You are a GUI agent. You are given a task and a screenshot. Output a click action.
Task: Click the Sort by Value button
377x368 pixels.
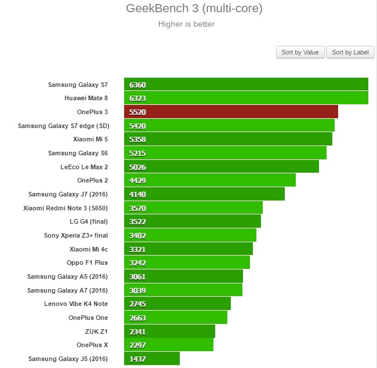pyautogui.click(x=300, y=52)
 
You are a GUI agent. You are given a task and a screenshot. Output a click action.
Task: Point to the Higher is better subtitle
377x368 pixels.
pyautogui.click(x=186, y=24)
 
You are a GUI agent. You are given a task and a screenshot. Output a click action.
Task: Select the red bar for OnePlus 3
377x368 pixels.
pyautogui.click(x=231, y=112)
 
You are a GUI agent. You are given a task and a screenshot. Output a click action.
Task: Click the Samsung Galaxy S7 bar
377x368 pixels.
pyautogui.click(x=246, y=85)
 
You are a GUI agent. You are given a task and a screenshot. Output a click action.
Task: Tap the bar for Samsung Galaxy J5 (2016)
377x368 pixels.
pyautogui.click(x=152, y=359)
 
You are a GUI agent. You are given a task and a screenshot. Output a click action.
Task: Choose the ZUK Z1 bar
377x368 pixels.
pyautogui.click(x=169, y=331)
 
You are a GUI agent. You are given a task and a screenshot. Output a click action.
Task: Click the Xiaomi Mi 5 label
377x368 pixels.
pyautogui.click(x=90, y=140)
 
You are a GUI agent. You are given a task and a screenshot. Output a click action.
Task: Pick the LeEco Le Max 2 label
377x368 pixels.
pyautogui.click(x=84, y=167)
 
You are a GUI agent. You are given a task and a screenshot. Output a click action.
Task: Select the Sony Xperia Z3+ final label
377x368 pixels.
pyautogui.click(x=76, y=235)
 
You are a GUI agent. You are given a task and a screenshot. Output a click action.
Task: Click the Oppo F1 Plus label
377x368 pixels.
pyautogui.click(x=88, y=263)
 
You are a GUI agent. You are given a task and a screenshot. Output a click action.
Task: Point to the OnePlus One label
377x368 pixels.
pyautogui.click(x=88, y=318)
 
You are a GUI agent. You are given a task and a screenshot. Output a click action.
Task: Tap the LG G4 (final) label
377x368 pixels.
pyautogui.click(x=89, y=222)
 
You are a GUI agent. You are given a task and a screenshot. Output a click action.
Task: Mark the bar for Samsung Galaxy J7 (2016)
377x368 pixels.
pyautogui.click(x=204, y=194)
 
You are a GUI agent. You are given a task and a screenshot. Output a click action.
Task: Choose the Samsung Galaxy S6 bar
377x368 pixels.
pyautogui.click(x=225, y=153)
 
